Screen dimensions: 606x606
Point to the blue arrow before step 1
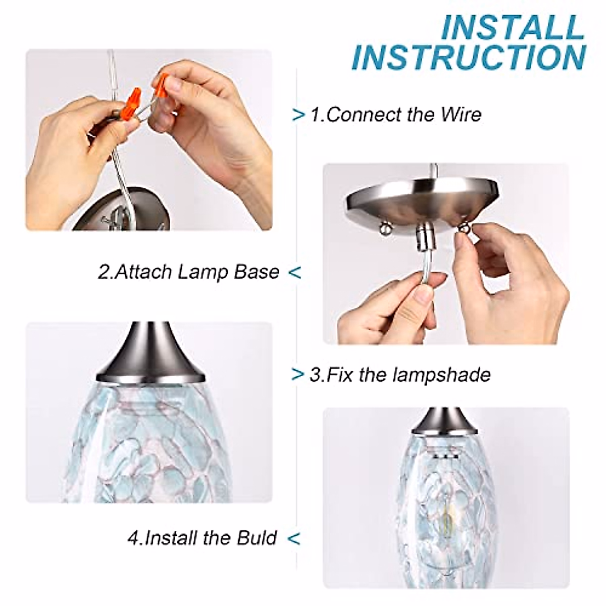pyautogui.click(x=299, y=115)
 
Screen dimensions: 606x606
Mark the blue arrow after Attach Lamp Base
pyautogui.click(x=294, y=273)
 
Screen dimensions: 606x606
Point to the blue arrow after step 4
pyautogui.click(x=294, y=538)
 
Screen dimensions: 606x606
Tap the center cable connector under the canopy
pyautogui.click(x=422, y=235)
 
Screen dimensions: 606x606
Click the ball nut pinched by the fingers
pyautogui.click(x=461, y=229)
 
